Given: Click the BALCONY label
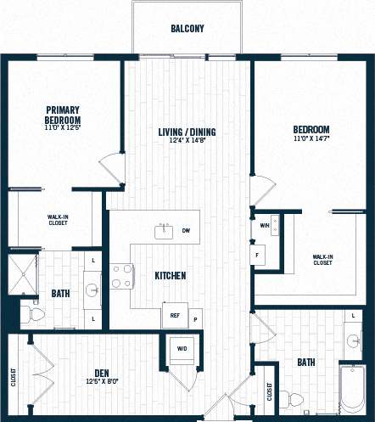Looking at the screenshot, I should (x=187, y=29).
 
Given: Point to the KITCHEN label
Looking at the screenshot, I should (x=170, y=276).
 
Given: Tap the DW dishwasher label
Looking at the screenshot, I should (x=186, y=230).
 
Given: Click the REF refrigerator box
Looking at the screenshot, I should (x=175, y=315).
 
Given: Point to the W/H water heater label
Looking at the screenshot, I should (x=264, y=226).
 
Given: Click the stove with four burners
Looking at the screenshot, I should (x=121, y=276).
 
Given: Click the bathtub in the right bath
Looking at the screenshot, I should (x=351, y=390).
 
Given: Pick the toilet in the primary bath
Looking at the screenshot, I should (x=34, y=315).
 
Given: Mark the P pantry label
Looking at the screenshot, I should (x=194, y=320).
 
